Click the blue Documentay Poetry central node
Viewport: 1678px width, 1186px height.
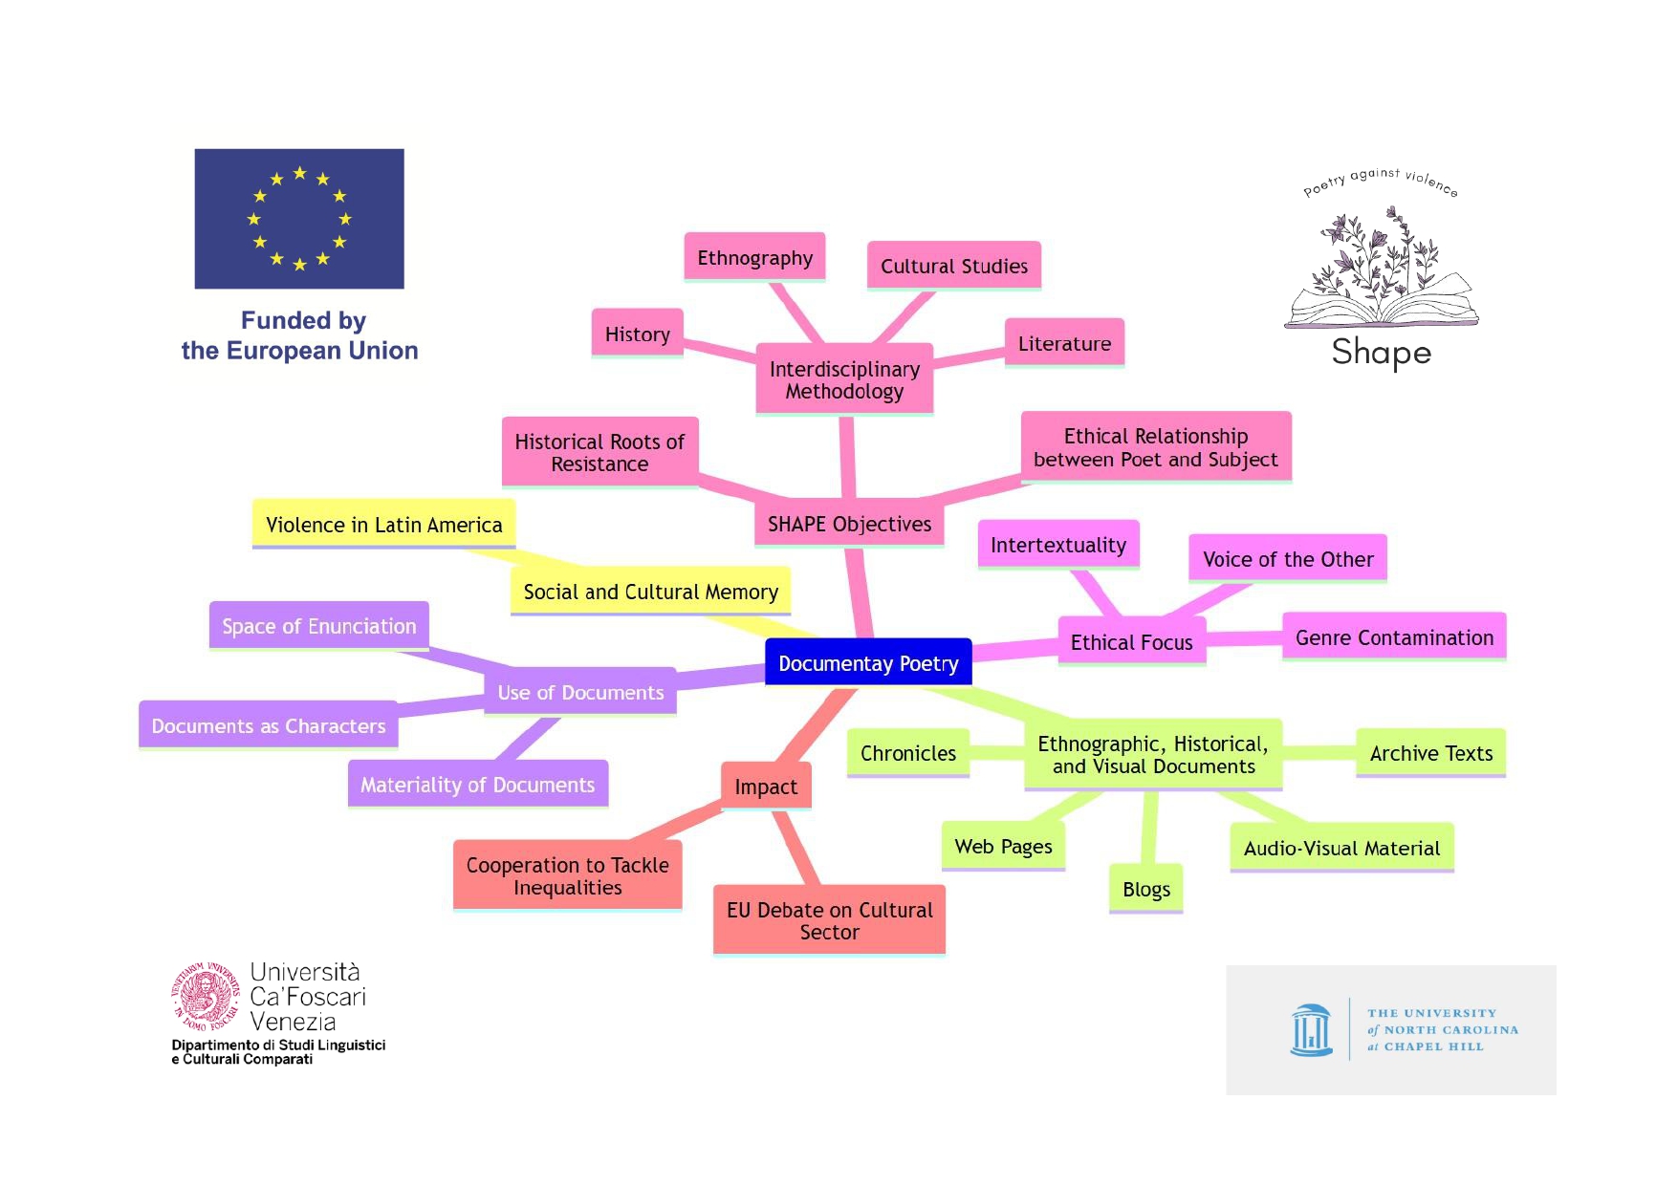point(868,662)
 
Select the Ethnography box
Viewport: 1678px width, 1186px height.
point(754,257)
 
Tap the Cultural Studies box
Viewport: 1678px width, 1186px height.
point(954,266)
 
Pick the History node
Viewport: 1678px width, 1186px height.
point(638,334)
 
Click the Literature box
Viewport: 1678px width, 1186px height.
point(1064,343)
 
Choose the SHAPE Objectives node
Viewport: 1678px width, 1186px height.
point(849,524)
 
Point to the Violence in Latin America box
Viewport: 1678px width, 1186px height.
point(383,524)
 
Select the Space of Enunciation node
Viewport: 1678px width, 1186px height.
point(319,626)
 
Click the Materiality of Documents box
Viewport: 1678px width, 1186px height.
point(478,785)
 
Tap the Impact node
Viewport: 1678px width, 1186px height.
point(766,787)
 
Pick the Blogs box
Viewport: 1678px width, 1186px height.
point(1146,889)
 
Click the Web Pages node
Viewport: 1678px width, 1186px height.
point(1003,846)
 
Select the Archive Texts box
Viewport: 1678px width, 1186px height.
point(1430,753)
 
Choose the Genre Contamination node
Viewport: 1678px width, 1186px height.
point(1394,637)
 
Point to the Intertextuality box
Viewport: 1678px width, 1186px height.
point(1058,545)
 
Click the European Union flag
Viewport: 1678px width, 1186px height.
point(299,219)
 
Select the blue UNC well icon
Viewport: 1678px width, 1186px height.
point(1311,1030)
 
